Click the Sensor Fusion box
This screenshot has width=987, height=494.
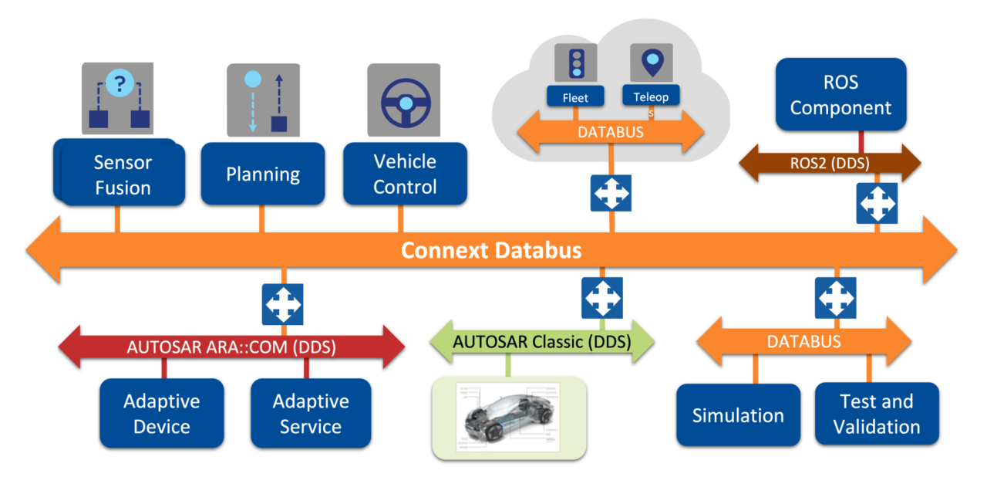coord(123,174)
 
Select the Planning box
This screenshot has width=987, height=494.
coord(262,174)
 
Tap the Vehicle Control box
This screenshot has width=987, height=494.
coord(405,174)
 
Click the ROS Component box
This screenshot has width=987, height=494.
coord(840,94)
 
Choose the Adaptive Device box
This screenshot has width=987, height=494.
coord(162,413)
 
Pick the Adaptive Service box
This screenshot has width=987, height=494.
coord(311,413)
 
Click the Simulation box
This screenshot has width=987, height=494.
coord(738,414)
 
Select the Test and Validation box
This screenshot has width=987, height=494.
coord(877,413)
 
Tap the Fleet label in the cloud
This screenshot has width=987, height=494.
coord(575,97)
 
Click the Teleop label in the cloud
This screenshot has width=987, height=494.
coord(651,96)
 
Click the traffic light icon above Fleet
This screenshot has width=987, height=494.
coord(575,63)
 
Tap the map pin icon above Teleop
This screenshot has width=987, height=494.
coord(651,62)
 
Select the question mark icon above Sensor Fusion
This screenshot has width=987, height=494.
coord(119,82)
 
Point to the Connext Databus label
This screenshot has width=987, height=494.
coord(491,250)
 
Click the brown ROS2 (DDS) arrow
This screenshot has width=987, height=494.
coord(830,163)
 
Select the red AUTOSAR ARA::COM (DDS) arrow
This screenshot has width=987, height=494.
coord(231,347)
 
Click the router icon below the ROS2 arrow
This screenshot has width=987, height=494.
coord(877,203)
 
